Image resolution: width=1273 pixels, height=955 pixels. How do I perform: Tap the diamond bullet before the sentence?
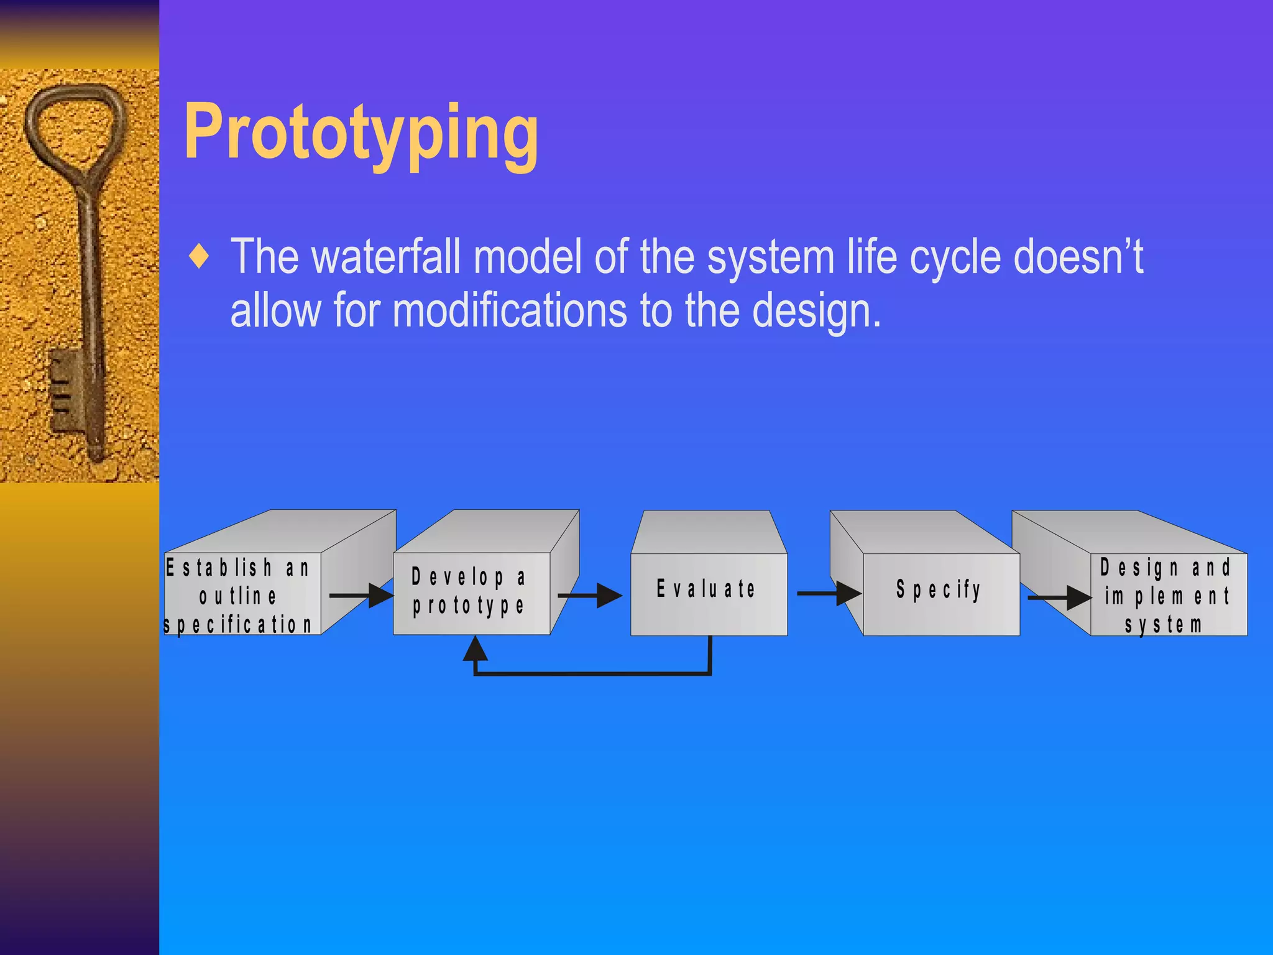coord(199,257)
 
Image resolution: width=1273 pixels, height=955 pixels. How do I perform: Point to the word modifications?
coord(510,310)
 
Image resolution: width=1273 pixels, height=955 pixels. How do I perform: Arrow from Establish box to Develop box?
coord(361,596)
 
